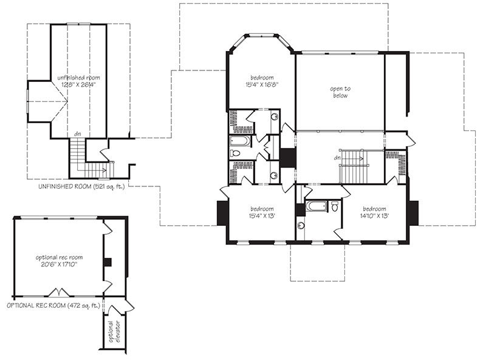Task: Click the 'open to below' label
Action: click(340, 92)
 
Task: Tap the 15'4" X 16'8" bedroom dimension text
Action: click(262, 84)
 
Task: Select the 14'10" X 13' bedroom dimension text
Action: click(374, 216)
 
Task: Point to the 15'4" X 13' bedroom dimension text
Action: click(262, 216)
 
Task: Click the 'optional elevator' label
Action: click(114, 331)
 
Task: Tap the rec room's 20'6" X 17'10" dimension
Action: click(59, 265)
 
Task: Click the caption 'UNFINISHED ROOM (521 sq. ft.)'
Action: click(81, 186)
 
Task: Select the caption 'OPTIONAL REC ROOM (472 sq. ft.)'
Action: click(53, 305)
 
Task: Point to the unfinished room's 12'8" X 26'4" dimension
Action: click(78, 84)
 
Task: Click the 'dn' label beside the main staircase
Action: click(337, 158)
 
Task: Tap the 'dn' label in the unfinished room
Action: click(78, 134)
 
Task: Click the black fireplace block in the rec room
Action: click(108, 262)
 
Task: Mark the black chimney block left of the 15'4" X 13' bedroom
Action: click(222, 213)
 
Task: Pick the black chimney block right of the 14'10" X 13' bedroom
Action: click(414, 213)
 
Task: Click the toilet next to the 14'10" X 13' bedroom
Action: click(335, 206)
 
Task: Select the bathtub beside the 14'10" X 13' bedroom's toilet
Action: click(316, 206)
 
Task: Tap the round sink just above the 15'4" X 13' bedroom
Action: click(274, 175)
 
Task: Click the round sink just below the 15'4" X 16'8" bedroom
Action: click(275, 117)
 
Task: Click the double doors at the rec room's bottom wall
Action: click(59, 292)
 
